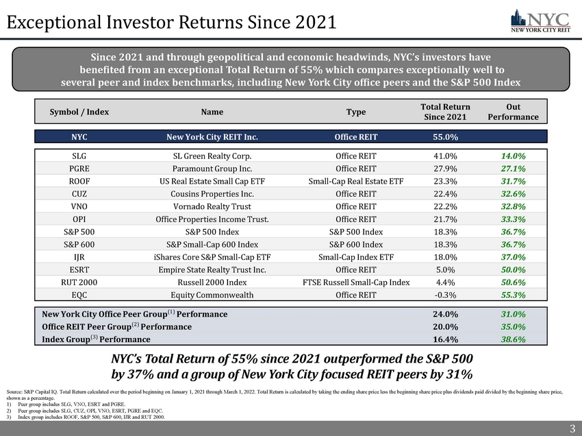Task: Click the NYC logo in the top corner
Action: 538,20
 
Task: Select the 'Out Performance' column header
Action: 513,112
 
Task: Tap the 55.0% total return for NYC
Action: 446,136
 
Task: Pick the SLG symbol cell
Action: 79,156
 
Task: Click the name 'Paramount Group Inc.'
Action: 212,168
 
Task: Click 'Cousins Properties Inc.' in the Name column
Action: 212,193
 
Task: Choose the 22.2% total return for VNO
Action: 446,206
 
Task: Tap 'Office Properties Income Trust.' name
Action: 212,219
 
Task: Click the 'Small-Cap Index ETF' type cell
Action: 356,256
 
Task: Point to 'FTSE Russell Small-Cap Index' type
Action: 356,282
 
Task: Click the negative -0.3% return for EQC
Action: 446,295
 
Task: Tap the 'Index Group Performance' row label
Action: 96,339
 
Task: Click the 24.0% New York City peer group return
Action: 446,314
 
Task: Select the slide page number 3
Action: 572,429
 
